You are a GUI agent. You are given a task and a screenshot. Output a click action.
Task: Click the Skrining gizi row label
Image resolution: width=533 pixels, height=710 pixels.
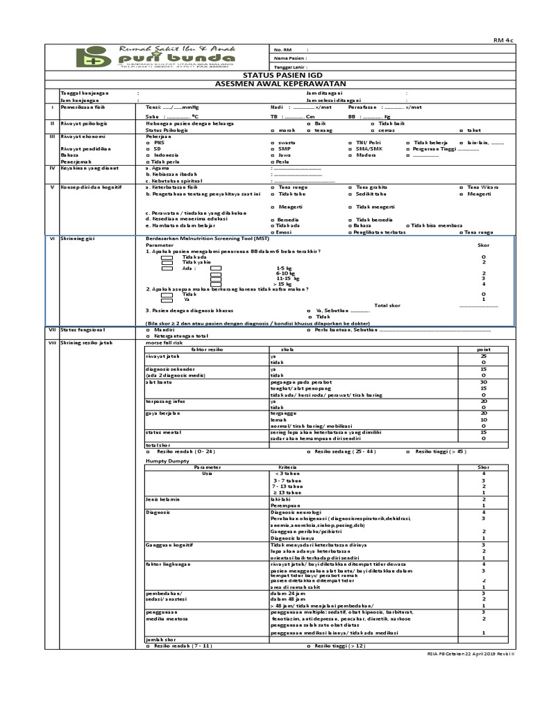tap(76, 238)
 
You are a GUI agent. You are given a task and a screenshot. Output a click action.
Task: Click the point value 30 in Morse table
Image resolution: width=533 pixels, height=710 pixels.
tap(483, 382)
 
